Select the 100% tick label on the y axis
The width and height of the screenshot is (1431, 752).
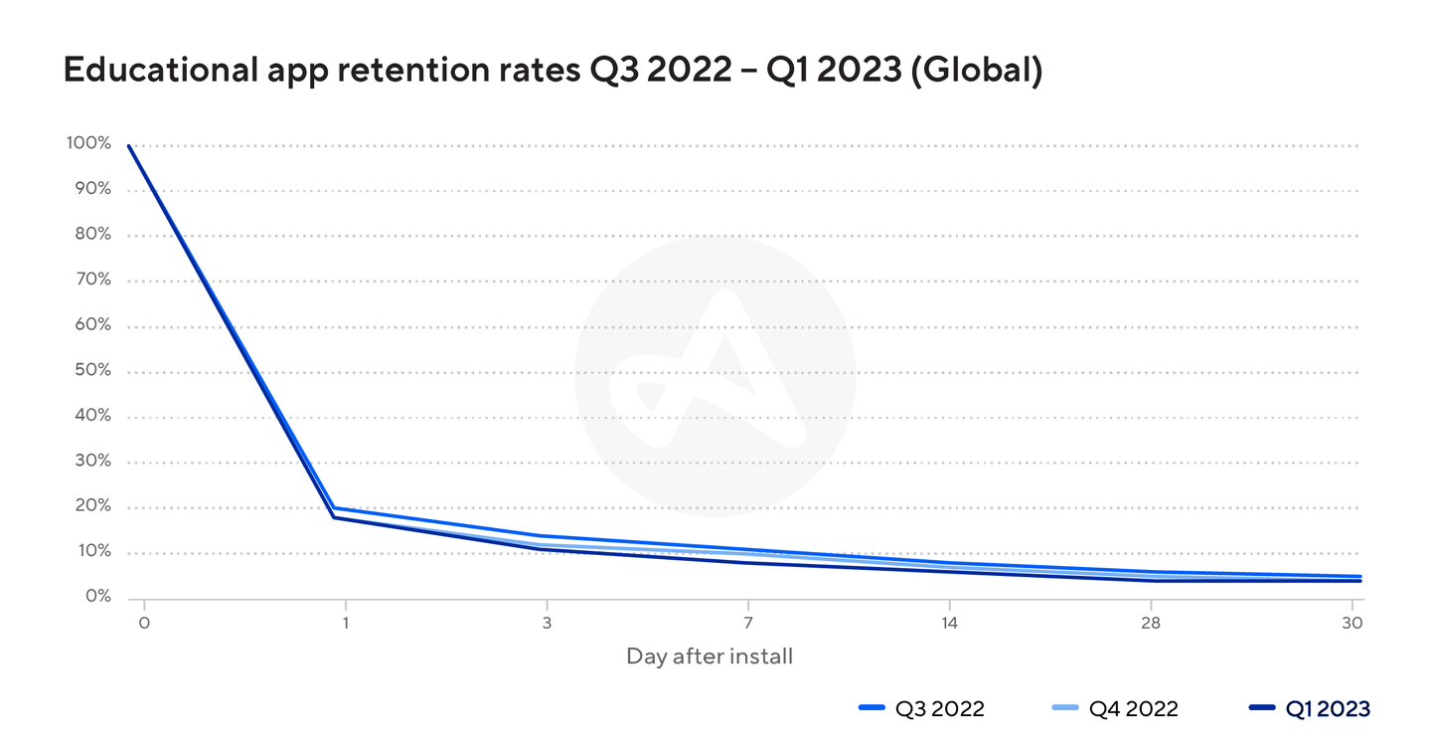point(88,143)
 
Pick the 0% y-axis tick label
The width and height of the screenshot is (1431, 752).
point(96,597)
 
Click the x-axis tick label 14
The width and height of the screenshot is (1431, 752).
point(949,623)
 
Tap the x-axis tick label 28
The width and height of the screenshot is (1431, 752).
point(1151,623)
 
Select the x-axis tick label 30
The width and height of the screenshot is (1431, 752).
point(1352,623)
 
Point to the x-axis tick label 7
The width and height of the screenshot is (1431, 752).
point(747,623)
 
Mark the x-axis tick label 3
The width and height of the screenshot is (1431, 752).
point(547,623)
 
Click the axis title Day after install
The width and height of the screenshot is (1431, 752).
point(710,657)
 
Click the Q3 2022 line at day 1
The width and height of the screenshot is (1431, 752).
point(337,508)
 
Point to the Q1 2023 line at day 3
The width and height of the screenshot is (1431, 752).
point(547,549)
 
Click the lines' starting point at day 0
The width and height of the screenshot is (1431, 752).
point(129,146)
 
